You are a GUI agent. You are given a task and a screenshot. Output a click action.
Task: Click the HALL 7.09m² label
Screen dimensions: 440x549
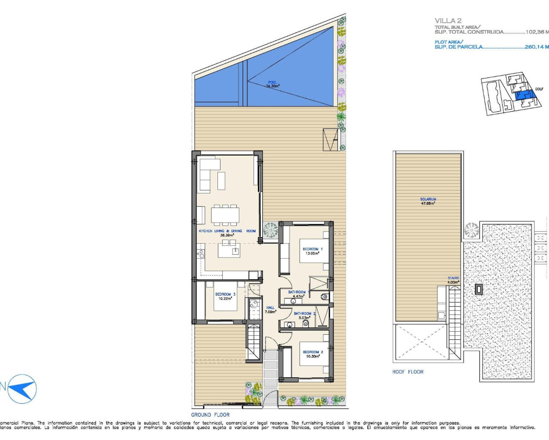coord(270,310)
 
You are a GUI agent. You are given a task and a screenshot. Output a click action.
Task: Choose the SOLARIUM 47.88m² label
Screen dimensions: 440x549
coord(428,201)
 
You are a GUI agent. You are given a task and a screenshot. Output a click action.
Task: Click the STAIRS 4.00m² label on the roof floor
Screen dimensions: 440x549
coord(453,280)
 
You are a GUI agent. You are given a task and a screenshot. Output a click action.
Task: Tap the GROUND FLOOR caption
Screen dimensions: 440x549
coord(210,415)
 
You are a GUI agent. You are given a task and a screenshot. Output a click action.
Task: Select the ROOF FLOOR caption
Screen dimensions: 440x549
coord(407,372)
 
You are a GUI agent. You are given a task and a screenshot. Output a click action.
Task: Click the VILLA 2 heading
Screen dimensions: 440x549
coord(448,20)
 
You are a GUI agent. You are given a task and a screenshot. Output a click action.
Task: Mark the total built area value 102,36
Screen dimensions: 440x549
coord(536,32)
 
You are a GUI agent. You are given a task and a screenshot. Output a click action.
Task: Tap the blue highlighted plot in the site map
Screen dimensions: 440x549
coord(522,95)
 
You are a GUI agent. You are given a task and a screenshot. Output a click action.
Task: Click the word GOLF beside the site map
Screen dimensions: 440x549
coord(539,89)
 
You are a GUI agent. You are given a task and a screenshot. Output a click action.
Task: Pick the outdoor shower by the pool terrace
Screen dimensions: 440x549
coord(330,140)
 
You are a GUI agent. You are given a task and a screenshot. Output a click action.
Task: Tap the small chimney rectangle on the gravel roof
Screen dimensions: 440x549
coord(479,289)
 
